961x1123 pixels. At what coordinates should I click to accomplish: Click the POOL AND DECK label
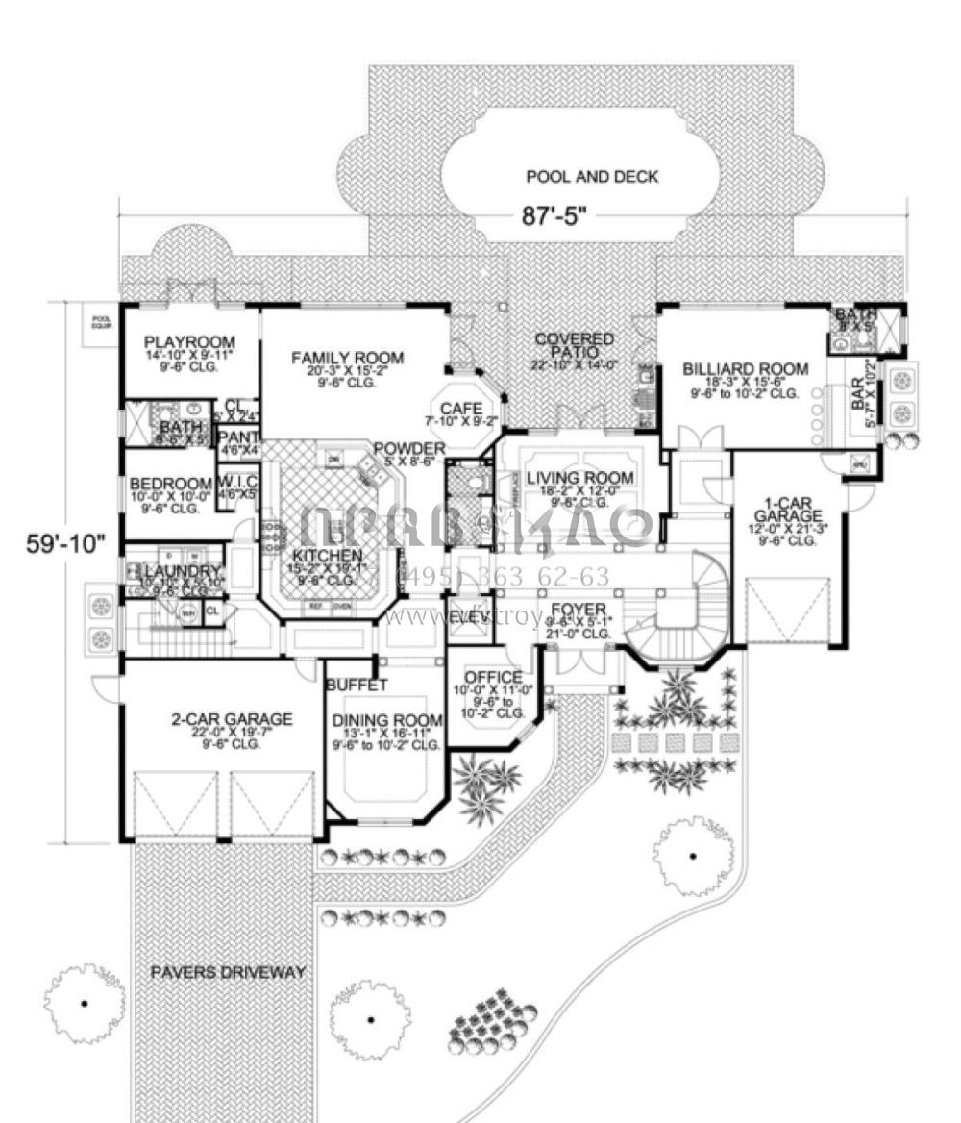click(592, 177)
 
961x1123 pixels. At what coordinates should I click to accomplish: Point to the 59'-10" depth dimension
click(63, 543)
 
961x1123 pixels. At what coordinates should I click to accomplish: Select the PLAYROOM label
click(189, 342)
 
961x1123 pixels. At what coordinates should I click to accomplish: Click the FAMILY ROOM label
click(347, 359)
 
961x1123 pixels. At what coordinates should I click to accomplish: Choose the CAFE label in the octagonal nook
click(461, 410)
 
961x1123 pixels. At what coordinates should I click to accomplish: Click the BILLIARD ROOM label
click(746, 368)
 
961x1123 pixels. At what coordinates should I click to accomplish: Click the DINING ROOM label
click(387, 721)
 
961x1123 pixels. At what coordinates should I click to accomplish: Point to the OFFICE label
click(493, 677)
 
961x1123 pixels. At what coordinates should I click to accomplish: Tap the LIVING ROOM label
click(586, 478)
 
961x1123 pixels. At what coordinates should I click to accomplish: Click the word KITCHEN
click(328, 556)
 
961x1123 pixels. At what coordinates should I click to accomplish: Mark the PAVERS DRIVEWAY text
click(228, 972)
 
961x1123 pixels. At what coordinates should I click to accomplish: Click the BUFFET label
click(356, 686)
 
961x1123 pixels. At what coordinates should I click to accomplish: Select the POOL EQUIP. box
click(100, 321)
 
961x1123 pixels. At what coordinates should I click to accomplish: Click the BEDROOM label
click(170, 483)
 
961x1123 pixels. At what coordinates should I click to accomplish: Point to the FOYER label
click(579, 610)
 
